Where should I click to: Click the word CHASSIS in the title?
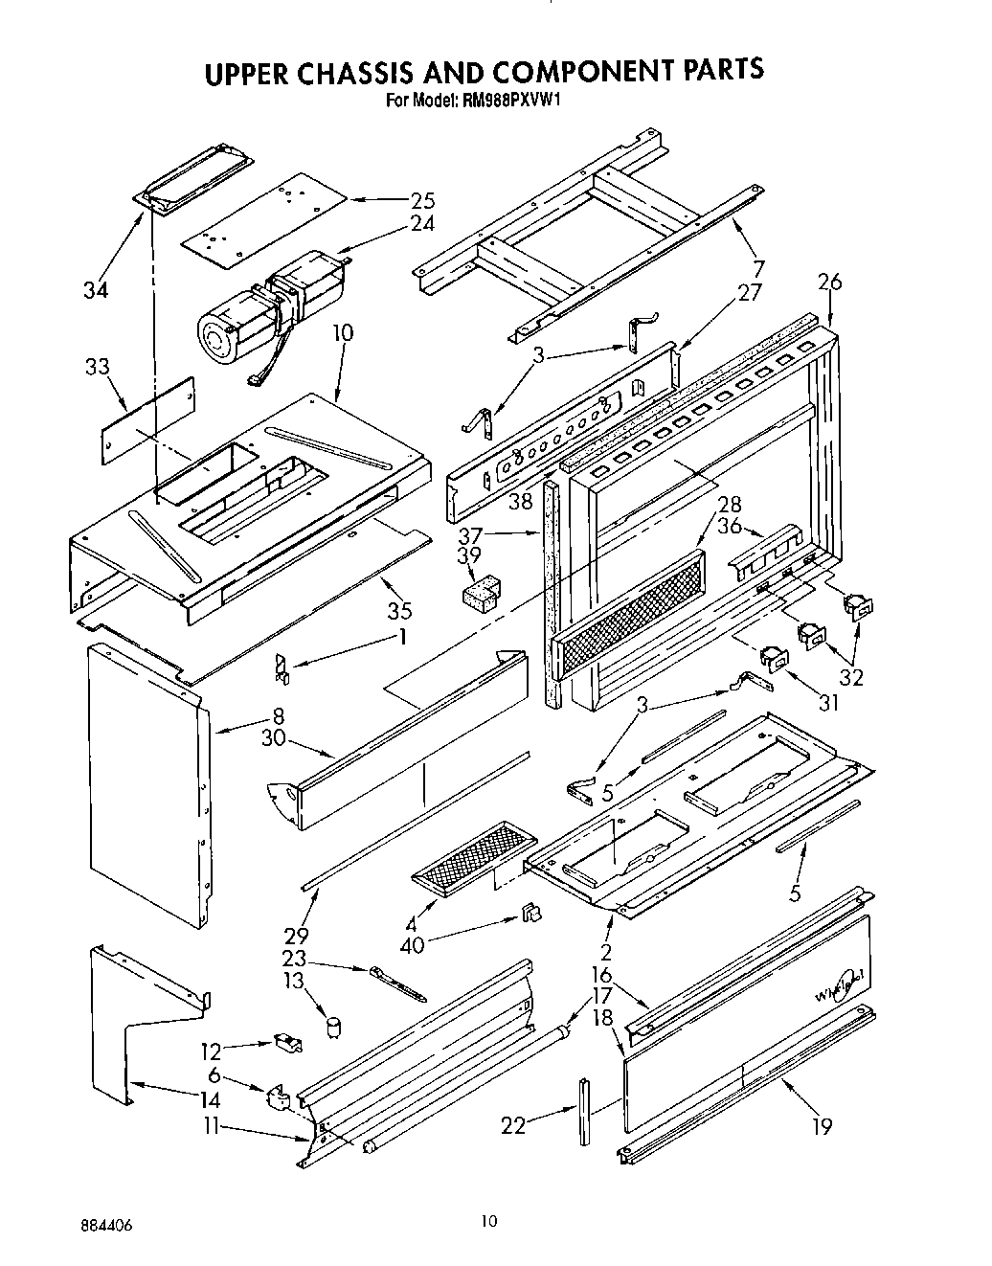tap(377, 73)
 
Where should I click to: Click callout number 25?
tap(422, 201)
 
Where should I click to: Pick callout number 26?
tap(829, 282)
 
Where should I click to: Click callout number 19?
tap(822, 1127)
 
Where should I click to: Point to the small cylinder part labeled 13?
tap(334, 1028)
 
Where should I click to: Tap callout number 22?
tap(514, 1125)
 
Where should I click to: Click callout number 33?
tap(98, 368)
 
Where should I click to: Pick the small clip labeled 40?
tap(529, 916)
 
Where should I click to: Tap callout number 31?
tap(828, 703)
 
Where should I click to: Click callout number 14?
tap(210, 1101)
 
